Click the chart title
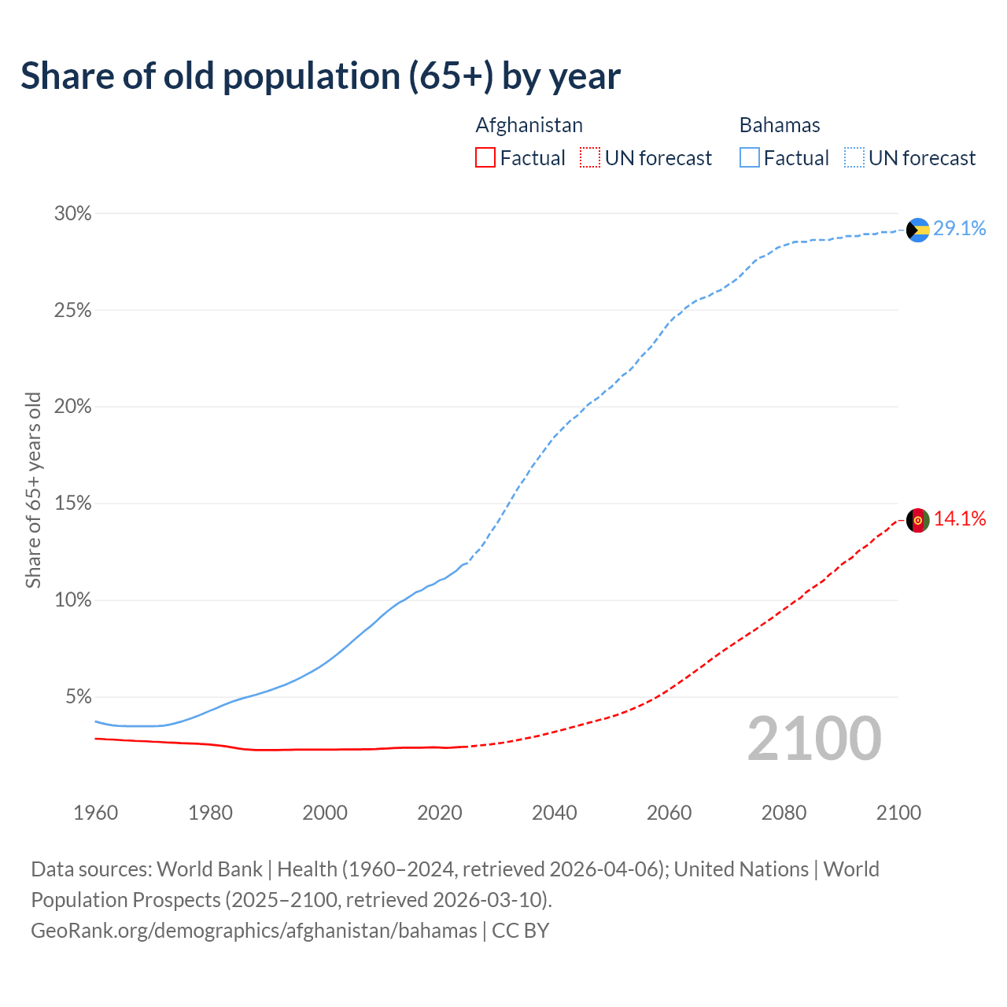[x=320, y=76]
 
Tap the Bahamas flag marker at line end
[x=917, y=230]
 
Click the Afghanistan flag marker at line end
[x=917, y=520]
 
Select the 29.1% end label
[x=960, y=229]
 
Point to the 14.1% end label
[x=960, y=519]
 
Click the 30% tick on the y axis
[x=73, y=214]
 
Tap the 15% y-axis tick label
[x=73, y=503]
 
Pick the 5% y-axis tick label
[x=78, y=697]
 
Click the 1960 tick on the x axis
[x=96, y=813]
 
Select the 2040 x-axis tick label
[x=555, y=813]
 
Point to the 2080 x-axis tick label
[x=784, y=813]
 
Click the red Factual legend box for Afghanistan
[x=485, y=158]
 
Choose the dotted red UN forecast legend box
[x=590, y=158]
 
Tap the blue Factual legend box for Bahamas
[x=750, y=158]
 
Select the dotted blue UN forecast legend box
[x=854, y=158]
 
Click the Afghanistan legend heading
[x=529, y=125]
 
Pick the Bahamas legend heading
[x=780, y=125]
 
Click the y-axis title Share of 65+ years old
[x=33, y=489]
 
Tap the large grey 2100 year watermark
[x=814, y=739]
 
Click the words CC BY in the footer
[x=521, y=931]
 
